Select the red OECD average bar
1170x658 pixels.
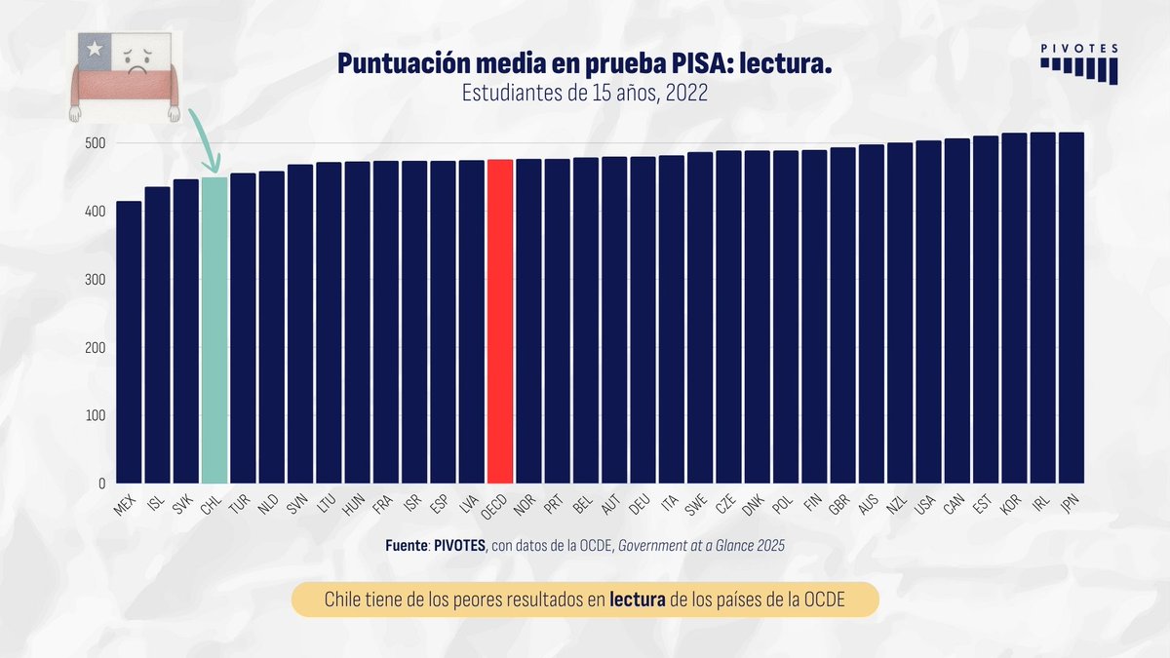(499, 322)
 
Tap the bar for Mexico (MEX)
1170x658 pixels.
(128, 341)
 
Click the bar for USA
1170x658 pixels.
(928, 312)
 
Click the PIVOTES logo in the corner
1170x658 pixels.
(1078, 63)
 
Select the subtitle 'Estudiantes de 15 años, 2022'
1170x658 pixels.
(584, 94)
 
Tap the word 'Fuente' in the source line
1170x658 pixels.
(407, 546)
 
